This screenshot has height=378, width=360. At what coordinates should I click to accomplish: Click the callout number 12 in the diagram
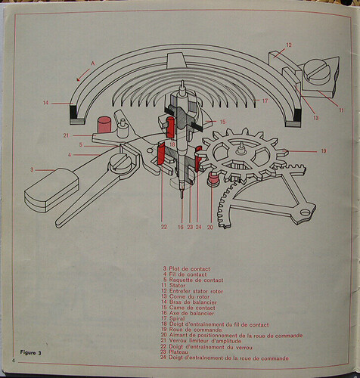[x=288, y=45]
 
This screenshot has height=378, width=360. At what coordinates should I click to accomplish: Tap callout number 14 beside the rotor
[x=45, y=102]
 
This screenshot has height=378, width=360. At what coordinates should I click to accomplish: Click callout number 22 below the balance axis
[x=163, y=226]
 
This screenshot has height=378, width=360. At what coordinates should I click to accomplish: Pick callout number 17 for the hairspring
[x=264, y=101]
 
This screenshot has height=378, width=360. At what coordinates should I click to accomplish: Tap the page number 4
[x=14, y=362]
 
